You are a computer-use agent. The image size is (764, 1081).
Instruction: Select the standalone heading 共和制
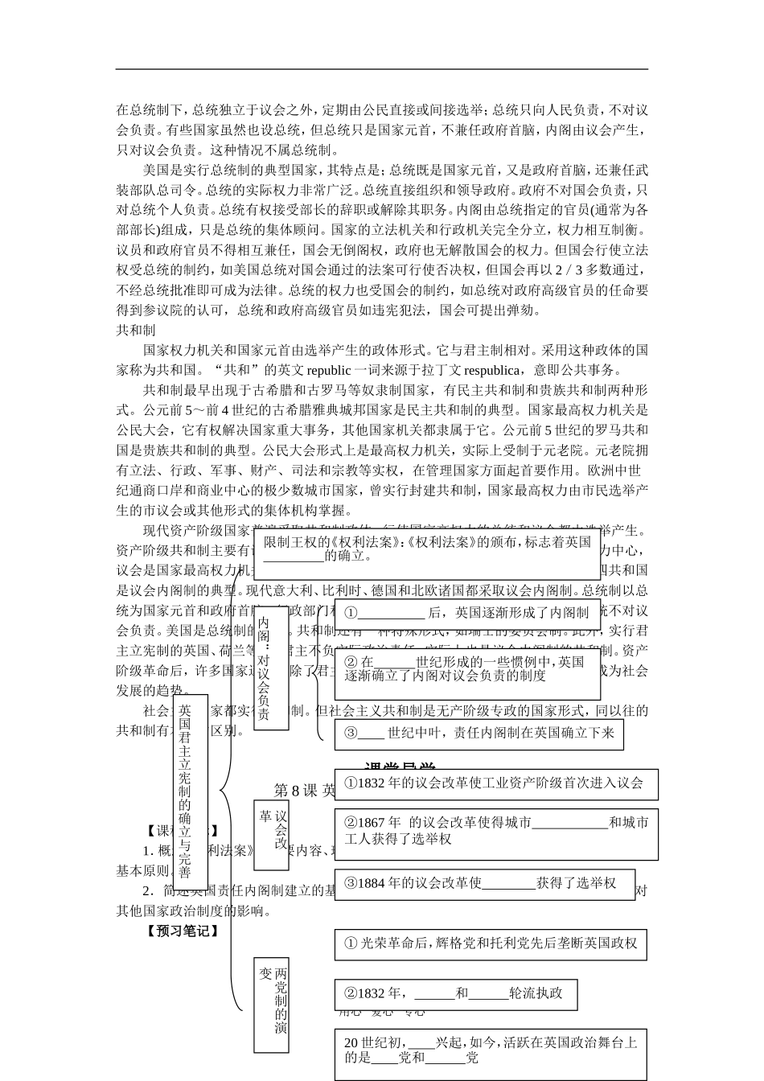tap(136, 330)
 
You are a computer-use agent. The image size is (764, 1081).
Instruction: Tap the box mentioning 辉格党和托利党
tap(491, 943)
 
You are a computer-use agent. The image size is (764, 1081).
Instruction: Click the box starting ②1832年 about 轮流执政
tap(455, 993)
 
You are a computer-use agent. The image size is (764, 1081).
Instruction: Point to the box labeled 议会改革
tap(271, 835)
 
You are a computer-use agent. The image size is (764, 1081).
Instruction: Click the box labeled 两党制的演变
tap(271, 1005)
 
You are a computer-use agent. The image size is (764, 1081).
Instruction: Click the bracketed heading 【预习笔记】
tap(182, 931)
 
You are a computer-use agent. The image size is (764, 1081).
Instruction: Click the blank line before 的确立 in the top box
tap(294, 557)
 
